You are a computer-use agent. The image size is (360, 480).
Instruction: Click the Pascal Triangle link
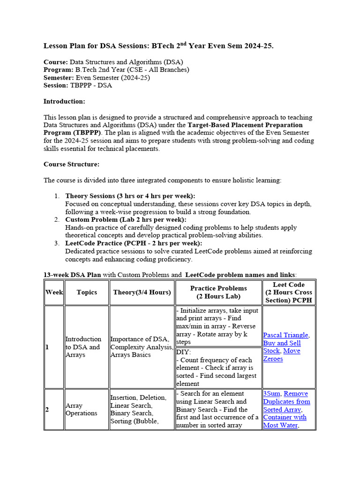(x=285, y=335)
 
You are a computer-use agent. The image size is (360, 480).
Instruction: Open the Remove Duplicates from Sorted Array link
(x=286, y=402)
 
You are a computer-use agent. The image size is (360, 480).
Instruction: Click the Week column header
(x=54, y=292)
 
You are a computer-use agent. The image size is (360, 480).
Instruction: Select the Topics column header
(x=87, y=292)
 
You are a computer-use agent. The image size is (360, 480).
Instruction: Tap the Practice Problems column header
(x=218, y=292)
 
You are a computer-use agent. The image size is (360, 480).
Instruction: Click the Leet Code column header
(x=289, y=292)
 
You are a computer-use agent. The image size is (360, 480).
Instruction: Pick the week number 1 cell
(x=47, y=347)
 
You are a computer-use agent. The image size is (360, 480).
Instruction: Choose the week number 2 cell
(x=47, y=409)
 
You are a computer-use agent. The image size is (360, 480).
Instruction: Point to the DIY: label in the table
(x=184, y=352)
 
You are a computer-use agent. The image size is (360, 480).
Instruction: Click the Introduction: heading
(x=64, y=101)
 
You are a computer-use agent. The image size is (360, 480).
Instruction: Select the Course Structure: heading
(x=71, y=164)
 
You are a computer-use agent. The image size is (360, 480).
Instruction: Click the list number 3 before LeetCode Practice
(x=57, y=243)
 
